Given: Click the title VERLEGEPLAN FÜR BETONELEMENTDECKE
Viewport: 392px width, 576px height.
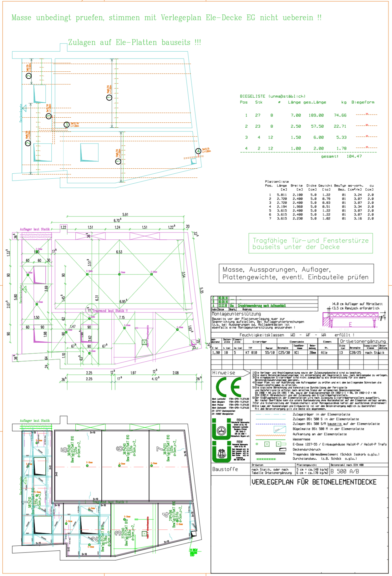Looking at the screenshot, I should click(314, 482).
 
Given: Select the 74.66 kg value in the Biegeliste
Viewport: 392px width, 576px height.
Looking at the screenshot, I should click(340, 115).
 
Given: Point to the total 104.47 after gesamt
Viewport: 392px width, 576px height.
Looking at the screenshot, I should click(354, 156).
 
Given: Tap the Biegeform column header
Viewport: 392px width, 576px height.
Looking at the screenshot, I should click(363, 102).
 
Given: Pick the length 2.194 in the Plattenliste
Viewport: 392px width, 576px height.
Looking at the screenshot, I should click(282, 206).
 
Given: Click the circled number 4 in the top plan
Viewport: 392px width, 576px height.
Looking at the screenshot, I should click(198, 151).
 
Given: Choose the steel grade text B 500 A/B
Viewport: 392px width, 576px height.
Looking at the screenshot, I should click(345, 471).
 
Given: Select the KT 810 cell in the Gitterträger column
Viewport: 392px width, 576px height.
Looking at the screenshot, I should click(251, 353).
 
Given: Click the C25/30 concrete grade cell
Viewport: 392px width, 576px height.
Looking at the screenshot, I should click(284, 353).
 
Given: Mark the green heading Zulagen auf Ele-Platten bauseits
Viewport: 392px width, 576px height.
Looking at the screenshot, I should click(135, 43).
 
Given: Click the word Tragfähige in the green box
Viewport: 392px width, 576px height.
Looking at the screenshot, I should click(270, 241).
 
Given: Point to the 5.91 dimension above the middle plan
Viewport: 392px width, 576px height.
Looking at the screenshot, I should click(125, 215).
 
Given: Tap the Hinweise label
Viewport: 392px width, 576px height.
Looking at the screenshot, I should click(223, 373).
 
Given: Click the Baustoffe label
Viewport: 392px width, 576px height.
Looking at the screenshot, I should click(225, 469).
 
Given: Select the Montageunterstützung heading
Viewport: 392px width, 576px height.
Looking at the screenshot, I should click(236, 314).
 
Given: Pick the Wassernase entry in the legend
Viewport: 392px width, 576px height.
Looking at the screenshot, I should click(301, 439).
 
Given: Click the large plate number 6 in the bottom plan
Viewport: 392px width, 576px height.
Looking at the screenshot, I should click(120, 449).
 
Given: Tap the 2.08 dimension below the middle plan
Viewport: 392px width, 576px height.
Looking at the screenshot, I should click(176, 373).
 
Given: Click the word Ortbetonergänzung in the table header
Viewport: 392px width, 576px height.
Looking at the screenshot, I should click(363, 341).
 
